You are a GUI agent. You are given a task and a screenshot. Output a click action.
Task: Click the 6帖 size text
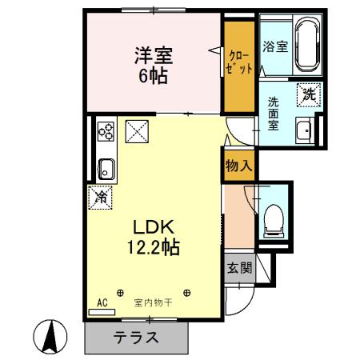(153, 78)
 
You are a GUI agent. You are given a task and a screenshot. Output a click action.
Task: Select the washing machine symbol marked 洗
(310, 94)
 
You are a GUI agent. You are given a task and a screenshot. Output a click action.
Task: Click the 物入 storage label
(239, 166)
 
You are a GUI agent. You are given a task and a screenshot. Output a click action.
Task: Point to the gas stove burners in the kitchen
(106, 133)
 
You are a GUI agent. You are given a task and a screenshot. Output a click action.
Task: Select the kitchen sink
(106, 169)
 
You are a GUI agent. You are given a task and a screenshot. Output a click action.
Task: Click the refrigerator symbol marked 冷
(102, 194)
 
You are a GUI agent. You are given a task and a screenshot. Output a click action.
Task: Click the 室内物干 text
(154, 302)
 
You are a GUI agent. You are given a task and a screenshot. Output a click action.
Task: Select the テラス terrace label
(134, 337)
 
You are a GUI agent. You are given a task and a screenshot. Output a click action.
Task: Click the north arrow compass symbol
(50, 337)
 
